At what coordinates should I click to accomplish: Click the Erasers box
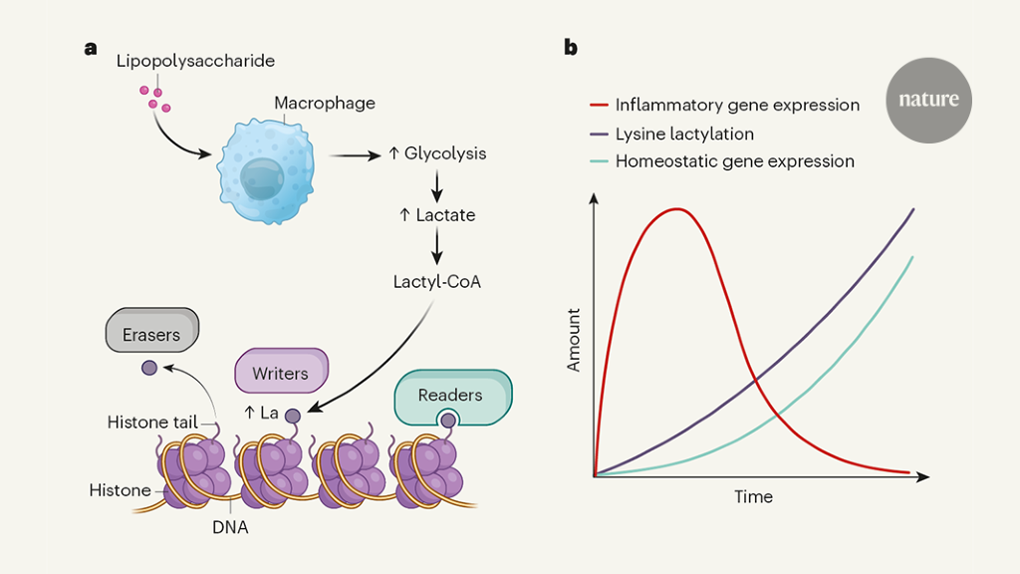[151, 334]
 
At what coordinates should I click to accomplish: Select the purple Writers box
[280, 373]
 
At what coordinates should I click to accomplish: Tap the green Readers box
[450, 396]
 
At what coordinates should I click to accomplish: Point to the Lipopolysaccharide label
[195, 62]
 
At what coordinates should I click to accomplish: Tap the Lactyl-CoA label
[437, 281]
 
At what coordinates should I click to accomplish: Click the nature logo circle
[928, 100]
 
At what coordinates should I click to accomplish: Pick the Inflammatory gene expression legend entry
[736, 105]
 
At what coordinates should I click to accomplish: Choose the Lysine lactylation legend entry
[683, 134]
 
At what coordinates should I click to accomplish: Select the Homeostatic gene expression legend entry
[734, 161]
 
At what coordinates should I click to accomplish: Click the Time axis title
[753, 496]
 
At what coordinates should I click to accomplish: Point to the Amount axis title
[574, 340]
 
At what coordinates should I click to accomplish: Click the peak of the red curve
[678, 209]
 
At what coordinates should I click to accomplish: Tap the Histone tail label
[152, 423]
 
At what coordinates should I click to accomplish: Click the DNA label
[230, 528]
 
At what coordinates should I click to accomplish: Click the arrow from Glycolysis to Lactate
[436, 184]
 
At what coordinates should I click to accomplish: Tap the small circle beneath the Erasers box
[149, 368]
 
